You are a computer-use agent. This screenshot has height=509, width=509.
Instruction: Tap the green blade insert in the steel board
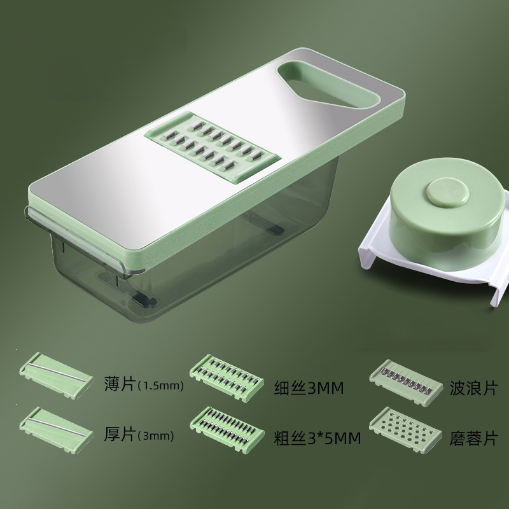coord(212,147)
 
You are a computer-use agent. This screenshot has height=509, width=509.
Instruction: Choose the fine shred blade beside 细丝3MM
coord(227,378)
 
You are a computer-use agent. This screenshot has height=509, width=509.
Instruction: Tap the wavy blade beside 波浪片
coord(406,382)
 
